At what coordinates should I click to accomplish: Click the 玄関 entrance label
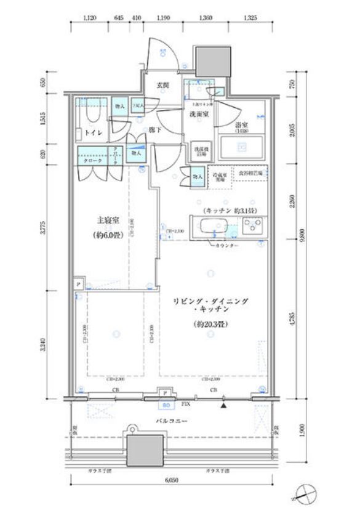(162, 85)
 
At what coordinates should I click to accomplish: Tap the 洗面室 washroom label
(198, 114)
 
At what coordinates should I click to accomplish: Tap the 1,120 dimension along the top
(91, 18)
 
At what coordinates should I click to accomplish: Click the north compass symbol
(305, 495)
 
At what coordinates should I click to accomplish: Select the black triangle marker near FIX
(223, 405)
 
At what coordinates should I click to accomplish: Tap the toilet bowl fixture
(90, 115)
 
